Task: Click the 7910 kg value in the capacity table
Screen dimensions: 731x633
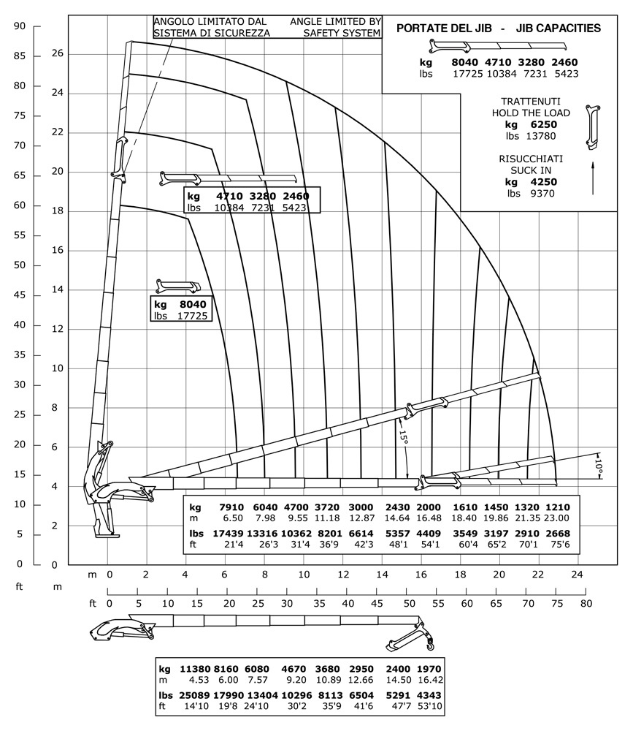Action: click(x=231, y=507)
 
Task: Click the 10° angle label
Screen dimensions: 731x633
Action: click(x=598, y=464)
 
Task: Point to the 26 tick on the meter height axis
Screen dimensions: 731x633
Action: click(x=57, y=53)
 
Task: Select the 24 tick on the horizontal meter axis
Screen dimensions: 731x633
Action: click(x=578, y=575)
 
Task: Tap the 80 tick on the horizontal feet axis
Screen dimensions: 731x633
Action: click(x=586, y=604)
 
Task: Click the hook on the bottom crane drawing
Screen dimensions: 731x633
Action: click(x=429, y=645)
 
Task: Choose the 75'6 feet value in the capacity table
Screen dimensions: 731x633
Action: click(x=559, y=544)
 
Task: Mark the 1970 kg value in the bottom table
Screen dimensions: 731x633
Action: click(x=429, y=669)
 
